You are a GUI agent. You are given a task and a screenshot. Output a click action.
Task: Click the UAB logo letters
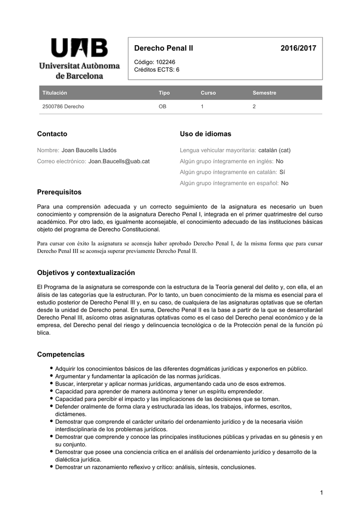click(79, 49)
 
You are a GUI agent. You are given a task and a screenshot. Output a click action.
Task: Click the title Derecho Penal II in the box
click(163, 48)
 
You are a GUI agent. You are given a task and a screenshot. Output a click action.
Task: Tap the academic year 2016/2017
click(298, 48)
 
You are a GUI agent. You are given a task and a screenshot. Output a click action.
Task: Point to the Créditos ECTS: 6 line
click(156, 70)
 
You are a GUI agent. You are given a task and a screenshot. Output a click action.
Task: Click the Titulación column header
click(55, 93)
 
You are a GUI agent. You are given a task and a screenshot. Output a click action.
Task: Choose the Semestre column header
click(264, 93)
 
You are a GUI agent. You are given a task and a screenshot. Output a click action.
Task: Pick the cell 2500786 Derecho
click(63, 107)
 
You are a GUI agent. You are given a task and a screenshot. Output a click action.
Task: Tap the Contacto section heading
click(52, 134)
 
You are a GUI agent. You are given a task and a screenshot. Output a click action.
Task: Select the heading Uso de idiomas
click(205, 134)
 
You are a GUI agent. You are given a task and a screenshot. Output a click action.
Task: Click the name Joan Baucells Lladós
click(89, 150)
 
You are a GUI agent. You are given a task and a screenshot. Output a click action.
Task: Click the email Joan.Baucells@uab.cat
click(119, 161)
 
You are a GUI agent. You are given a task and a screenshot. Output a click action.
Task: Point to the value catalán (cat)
click(274, 150)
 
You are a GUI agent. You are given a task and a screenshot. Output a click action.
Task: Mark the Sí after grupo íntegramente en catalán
click(282, 172)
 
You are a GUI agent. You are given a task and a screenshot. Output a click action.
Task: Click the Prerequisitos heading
click(59, 192)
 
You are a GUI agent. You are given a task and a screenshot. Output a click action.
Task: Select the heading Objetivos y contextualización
click(86, 273)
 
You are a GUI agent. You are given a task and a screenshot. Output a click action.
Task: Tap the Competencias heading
click(61, 355)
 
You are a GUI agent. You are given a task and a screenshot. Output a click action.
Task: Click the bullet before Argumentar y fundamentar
click(51, 376)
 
